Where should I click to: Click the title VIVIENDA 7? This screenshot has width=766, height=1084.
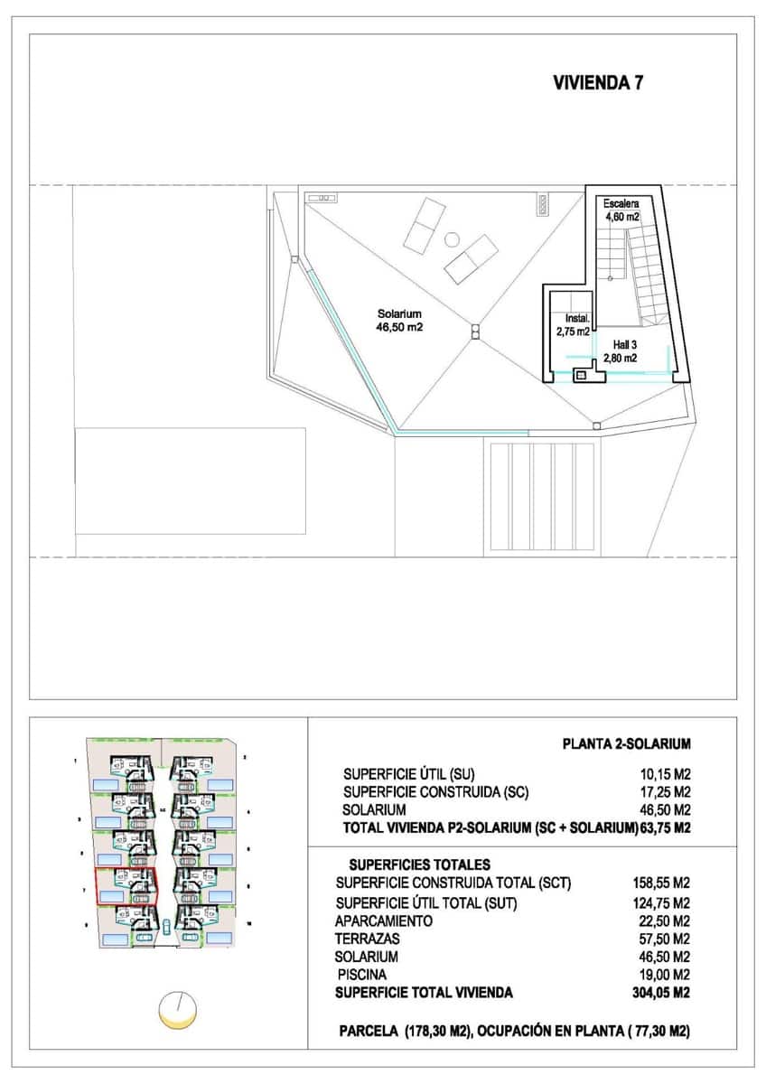pos(597,83)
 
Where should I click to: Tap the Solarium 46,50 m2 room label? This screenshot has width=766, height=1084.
pos(399,321)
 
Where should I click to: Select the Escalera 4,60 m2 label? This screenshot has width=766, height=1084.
pos(621,210)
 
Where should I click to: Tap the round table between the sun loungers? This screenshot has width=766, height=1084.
pos(452,238)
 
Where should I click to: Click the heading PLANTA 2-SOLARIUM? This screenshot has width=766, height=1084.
pos(626,744)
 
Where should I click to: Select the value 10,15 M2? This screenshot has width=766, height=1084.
pos(664,774)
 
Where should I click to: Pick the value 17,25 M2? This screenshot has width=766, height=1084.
pos(664,792)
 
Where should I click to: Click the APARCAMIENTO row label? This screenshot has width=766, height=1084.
pos(383,920)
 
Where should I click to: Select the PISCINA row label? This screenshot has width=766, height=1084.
pos(362,975)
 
